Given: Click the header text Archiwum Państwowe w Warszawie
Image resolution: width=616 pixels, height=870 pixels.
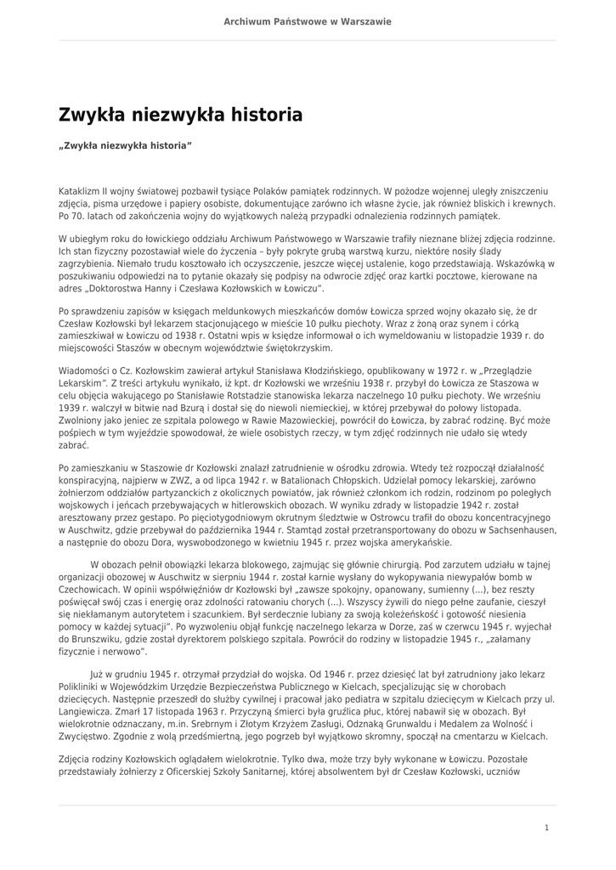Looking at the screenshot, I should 308,21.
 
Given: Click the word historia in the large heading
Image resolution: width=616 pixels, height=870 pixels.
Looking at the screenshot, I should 260,114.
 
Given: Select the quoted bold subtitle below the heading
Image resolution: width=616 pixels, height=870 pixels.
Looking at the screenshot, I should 126,146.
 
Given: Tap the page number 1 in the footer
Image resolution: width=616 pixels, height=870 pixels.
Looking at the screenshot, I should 547,827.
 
